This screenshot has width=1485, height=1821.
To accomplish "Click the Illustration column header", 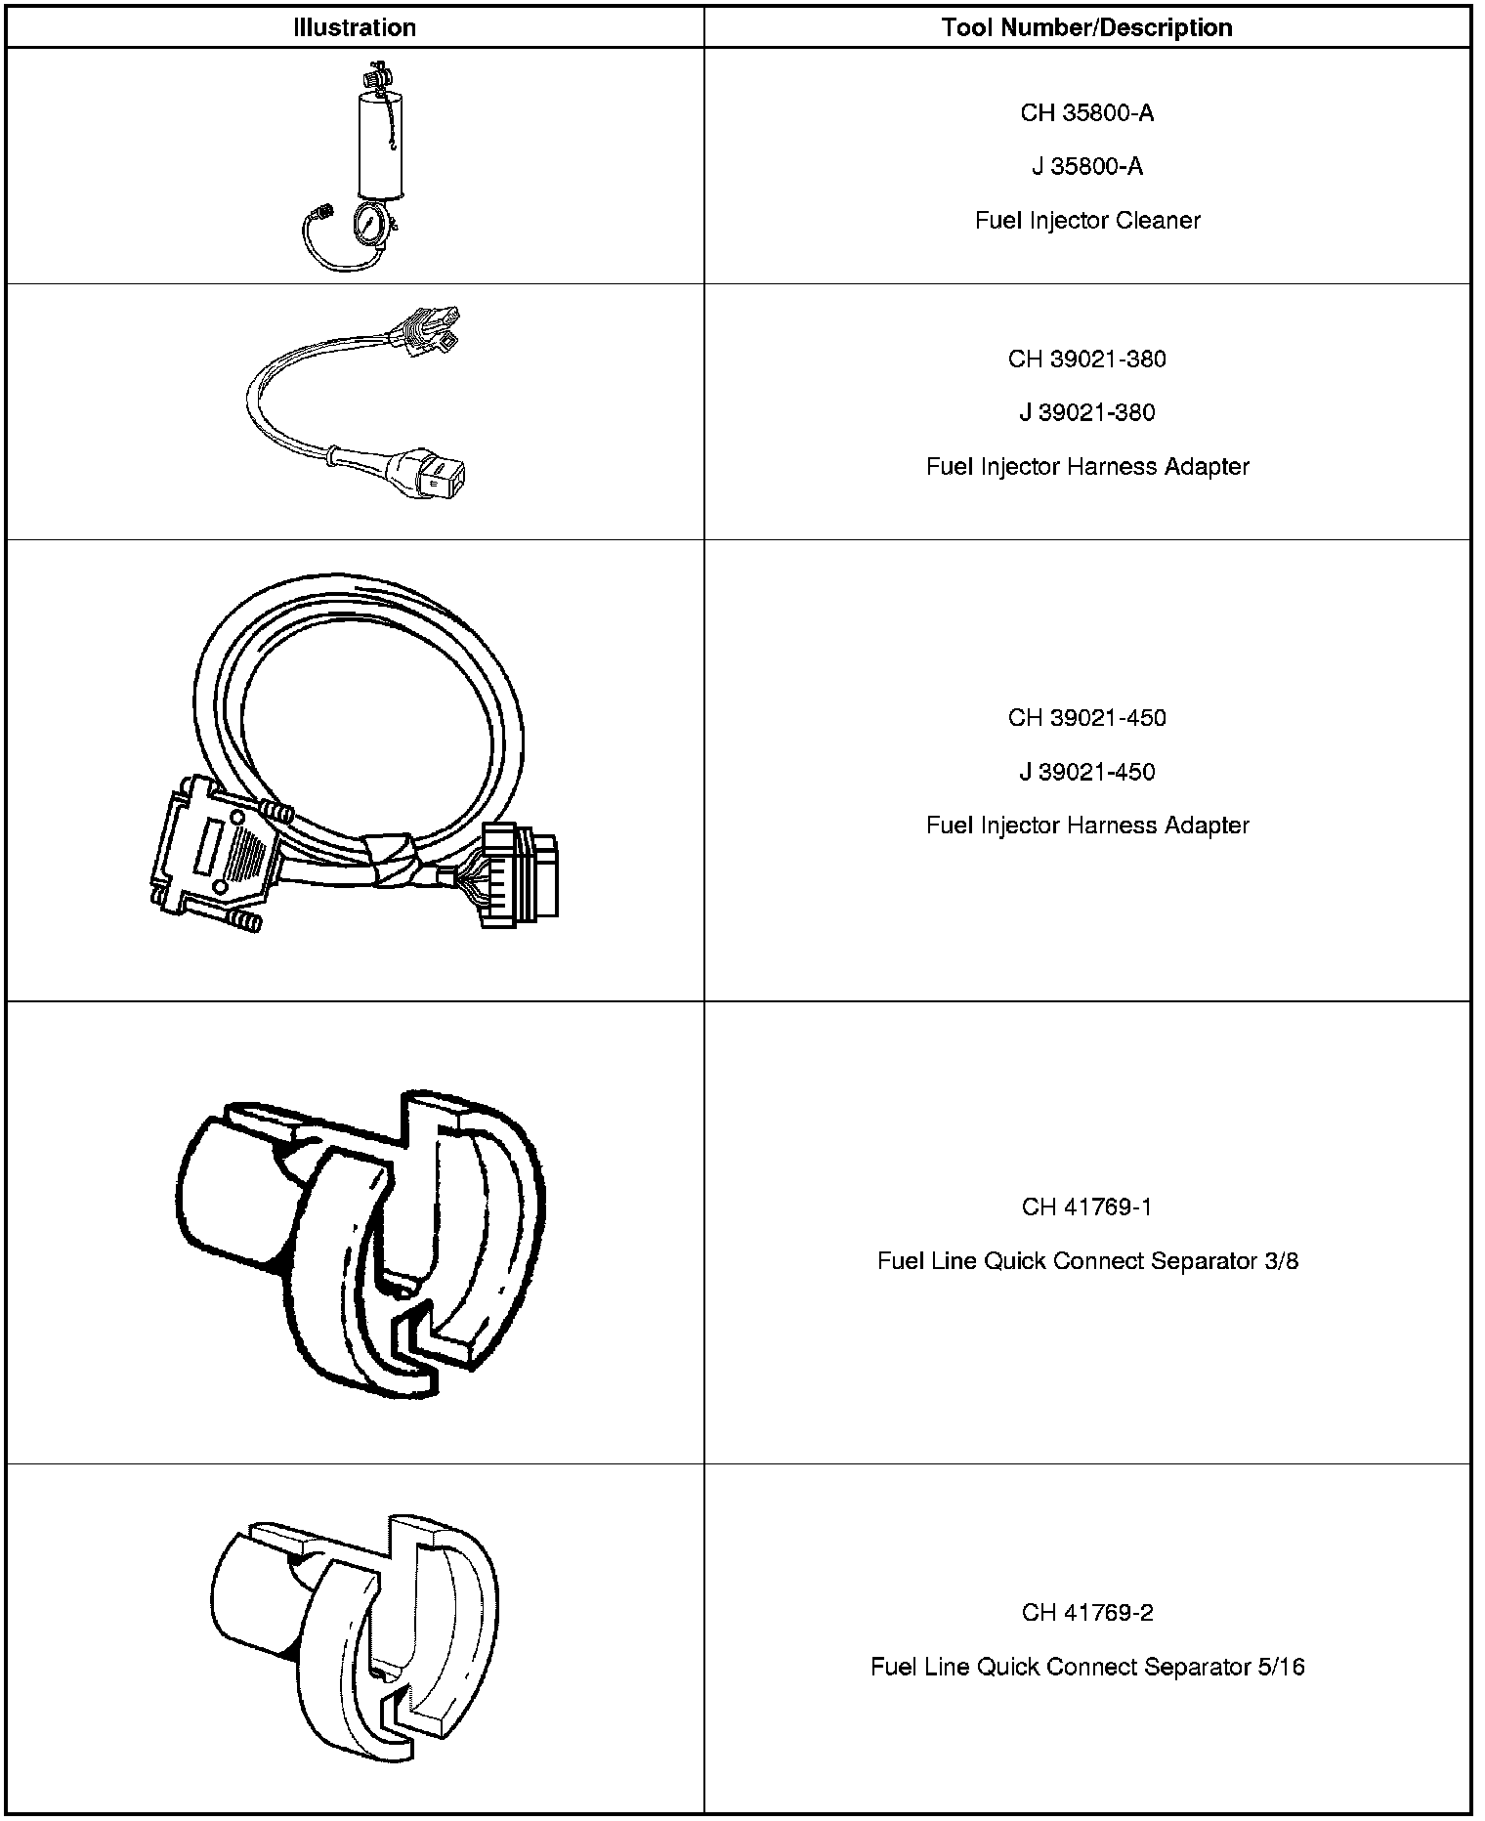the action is tap(355, 27).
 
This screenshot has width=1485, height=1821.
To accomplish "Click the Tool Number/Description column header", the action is tap(1086, 27).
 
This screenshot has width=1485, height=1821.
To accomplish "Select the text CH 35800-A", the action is tap(1086, 113).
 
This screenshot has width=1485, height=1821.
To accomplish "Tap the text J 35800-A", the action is tap(1086, 167).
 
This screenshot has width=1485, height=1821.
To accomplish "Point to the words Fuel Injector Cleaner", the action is tap(1086, 221).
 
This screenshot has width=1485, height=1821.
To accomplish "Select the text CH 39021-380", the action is tap(1086, 360).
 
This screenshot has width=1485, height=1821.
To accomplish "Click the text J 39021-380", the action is tap(1086, 413).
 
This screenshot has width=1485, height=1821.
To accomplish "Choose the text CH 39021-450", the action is tap(1086, 718).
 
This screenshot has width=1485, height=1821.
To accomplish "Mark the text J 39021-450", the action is tap(1086, 772).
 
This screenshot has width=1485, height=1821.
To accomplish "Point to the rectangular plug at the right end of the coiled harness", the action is tap(520, 875).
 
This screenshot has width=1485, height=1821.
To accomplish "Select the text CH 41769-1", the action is tap(1086, 1207).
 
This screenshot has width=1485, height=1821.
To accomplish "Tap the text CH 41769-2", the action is tap(1086, 1613).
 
